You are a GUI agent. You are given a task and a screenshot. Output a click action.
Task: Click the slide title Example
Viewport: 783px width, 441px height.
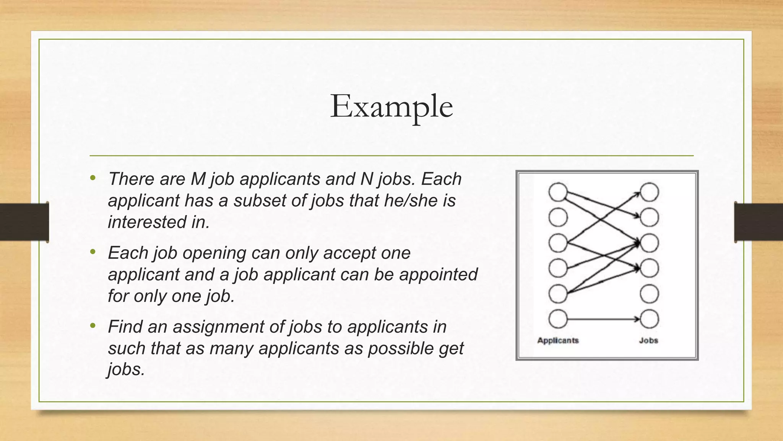click(x=391, y=106)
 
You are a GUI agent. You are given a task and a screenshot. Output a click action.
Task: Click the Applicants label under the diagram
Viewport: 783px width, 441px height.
click(x=558, y=340)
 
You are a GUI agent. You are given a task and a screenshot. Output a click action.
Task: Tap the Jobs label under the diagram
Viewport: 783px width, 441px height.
click(x=648, y=340)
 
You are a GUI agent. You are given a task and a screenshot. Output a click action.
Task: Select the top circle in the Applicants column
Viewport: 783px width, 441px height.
click(x=558, y=192)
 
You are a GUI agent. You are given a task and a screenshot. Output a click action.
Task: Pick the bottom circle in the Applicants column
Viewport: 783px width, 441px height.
click(x=558, y=319)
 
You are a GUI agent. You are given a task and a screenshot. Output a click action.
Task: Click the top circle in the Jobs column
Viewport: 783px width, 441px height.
click(x=649, y=192)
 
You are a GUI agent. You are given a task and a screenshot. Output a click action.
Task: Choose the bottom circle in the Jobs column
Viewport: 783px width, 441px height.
click(x=649, y=319)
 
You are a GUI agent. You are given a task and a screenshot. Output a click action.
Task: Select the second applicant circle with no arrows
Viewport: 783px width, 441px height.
click(x=558, y=217)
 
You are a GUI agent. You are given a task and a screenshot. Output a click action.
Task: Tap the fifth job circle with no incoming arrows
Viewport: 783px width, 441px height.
click(x=649, y=294)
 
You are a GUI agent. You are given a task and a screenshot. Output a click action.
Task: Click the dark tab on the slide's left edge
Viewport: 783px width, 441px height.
click(x=24, y=222)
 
